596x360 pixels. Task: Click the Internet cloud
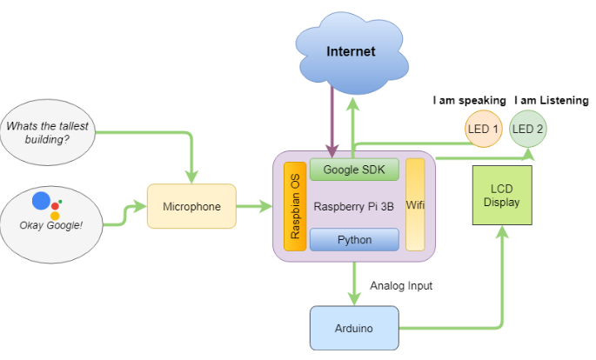point(351,52)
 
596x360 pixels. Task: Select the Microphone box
point(191,207)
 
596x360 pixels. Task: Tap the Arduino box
point(354,328)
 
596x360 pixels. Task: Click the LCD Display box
point(502,197)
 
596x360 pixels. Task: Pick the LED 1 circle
point(483,129)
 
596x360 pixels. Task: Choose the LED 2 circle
point(528,129)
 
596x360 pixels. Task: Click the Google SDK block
point(354,170)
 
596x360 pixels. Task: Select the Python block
point(354,239)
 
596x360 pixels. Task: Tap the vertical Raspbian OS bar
point(295,205)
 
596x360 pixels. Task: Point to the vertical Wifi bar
point(415,205)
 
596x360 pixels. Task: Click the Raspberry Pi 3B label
point(354,206)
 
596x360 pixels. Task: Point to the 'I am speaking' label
point(467,100)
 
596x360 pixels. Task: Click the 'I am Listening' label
point(552,100)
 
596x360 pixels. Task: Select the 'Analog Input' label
point(401,285)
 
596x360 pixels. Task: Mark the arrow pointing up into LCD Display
point(502,261)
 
